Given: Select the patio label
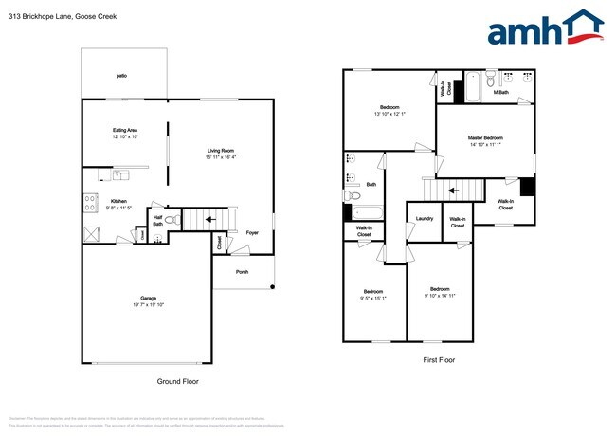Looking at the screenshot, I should tap(121, 74).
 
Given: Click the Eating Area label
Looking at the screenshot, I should tap(125, 130).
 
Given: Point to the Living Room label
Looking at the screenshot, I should tap(221, 151).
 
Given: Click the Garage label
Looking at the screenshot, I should tap(148, 298).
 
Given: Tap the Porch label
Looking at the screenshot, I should tap(244, 271).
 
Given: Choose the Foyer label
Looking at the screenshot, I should tap(252, 232).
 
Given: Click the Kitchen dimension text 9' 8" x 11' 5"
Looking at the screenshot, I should tap(120, 208).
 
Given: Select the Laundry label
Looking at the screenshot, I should tap(424, 219).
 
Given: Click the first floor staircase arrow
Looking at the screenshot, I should tap(453, 191).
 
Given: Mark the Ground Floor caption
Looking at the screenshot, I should tap(177, 381).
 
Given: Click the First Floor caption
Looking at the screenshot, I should tap(439, 360).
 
